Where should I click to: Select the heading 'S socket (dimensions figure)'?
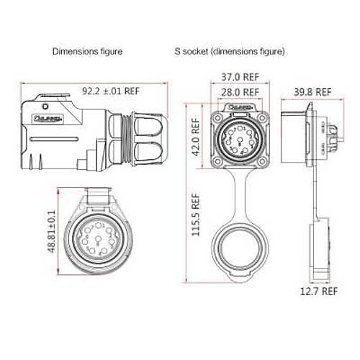229,52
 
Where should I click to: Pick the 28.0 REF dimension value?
240,92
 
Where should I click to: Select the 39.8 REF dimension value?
313,92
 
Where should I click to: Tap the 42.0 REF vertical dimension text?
194,138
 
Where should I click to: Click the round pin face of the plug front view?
90,237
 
